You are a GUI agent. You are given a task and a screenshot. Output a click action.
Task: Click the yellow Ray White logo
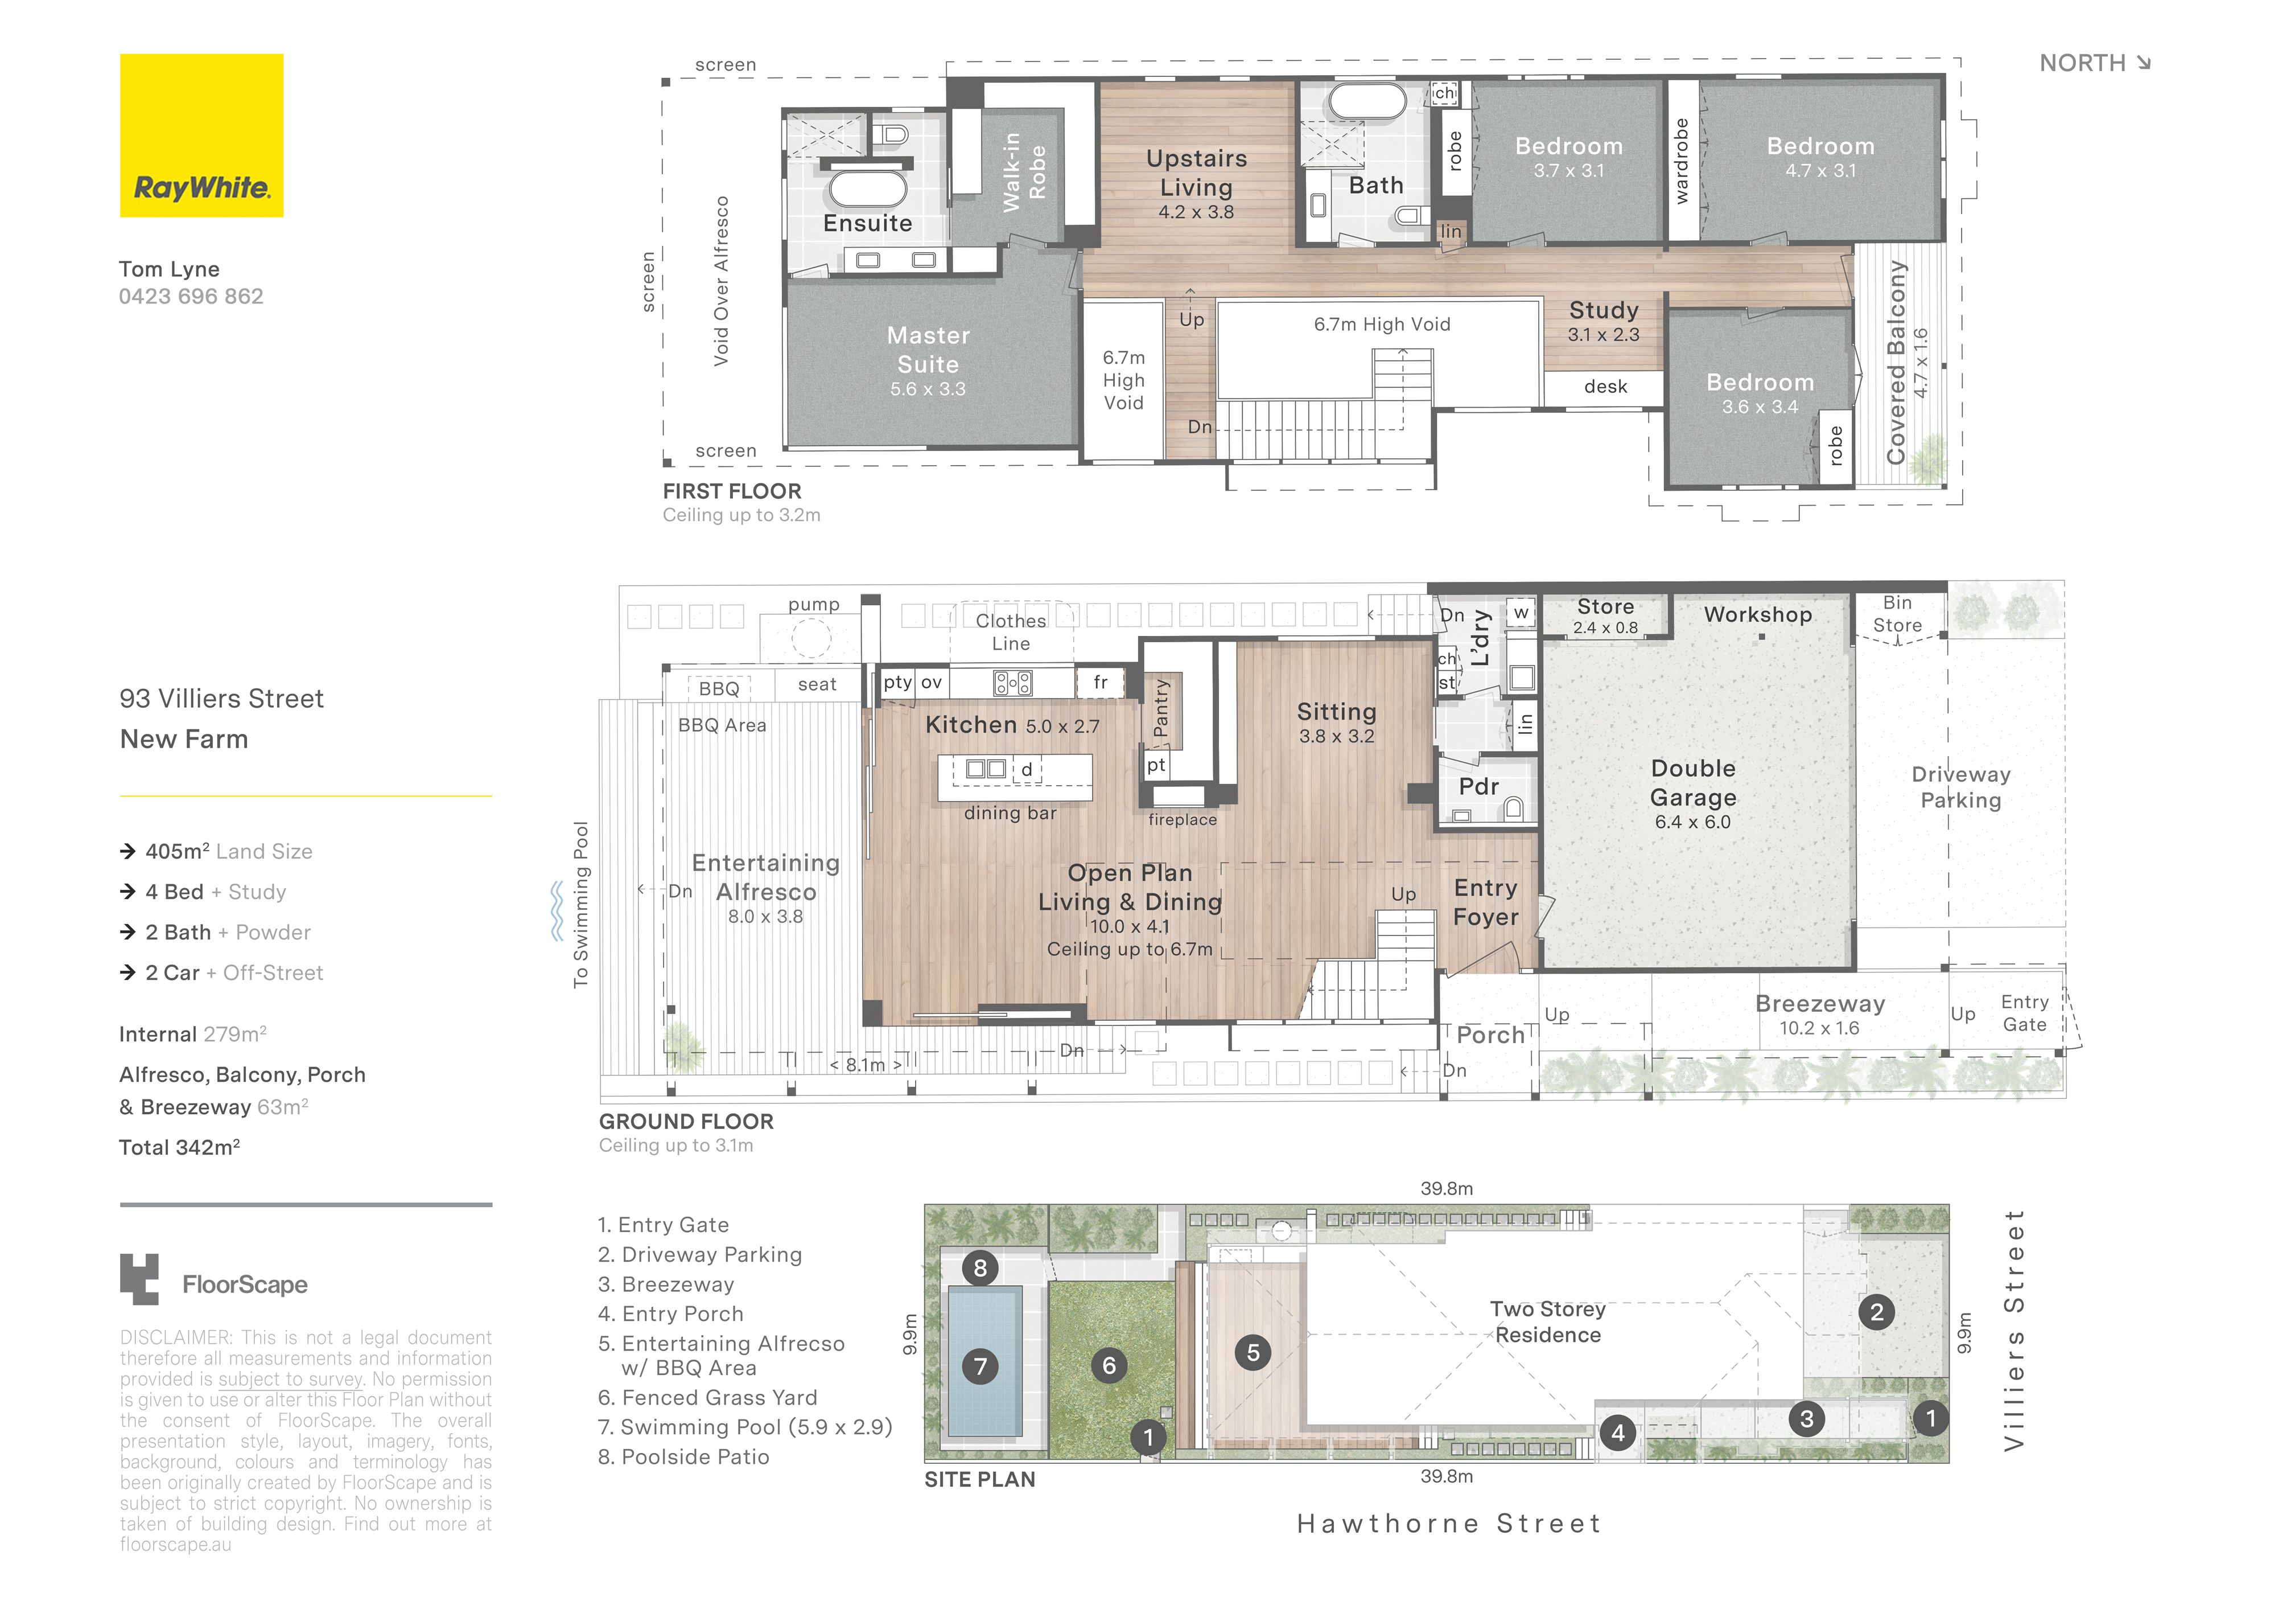[x=201, y=136]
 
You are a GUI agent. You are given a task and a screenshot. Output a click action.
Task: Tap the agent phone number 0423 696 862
[x=191, y=297]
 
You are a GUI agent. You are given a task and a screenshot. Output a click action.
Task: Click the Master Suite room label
[x=928, y=350]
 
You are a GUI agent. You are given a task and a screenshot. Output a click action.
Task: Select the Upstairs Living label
[x=1196, y=173]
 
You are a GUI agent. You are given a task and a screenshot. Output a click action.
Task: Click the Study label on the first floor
[x=1604, y=310]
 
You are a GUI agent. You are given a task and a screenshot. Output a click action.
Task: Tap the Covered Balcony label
[x=1896, y=362]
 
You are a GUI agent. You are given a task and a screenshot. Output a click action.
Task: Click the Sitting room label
[x=1337, y=712]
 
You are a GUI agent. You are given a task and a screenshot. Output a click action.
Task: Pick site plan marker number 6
[x=1109, y=1366]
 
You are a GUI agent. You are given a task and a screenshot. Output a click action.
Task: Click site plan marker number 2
[x=1877, y=1312]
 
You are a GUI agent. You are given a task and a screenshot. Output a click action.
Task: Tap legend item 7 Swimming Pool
[x=745, y=1427]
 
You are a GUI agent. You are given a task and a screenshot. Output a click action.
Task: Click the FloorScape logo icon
[x=139, y=1280]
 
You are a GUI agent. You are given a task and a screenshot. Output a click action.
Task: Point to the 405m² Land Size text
[x=228, y=851]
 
